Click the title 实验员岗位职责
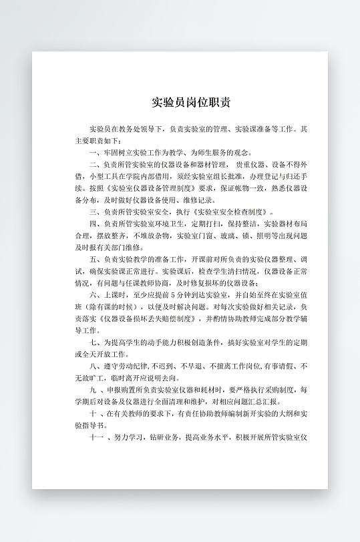[190, 103]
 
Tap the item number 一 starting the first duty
[93, 152]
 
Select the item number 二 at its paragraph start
[93, 164]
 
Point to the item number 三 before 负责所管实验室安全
[93, 212]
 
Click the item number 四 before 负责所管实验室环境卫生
[93, 224]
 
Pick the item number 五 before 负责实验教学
[93, 260]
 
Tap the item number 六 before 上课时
[93, 296]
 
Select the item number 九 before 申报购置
[93, 390]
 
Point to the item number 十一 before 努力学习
[96, 438]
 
